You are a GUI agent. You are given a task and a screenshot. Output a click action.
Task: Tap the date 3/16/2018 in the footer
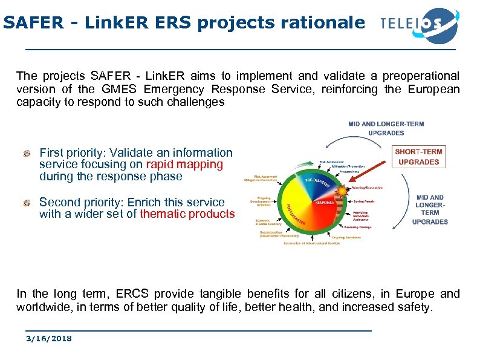tap(48, 338)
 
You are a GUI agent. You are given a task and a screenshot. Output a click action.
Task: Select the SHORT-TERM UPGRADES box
tap(419, 156)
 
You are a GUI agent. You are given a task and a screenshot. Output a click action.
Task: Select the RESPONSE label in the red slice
tap(325, 203)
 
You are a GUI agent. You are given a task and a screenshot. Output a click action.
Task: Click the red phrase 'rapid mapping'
tap(184, 165)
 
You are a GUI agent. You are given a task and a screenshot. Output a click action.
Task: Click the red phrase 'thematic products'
tap(187, 214)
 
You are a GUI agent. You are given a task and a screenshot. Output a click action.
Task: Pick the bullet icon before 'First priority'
tap(28, 153)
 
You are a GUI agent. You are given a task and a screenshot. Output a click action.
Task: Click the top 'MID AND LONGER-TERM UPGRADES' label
tap(386, 128)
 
